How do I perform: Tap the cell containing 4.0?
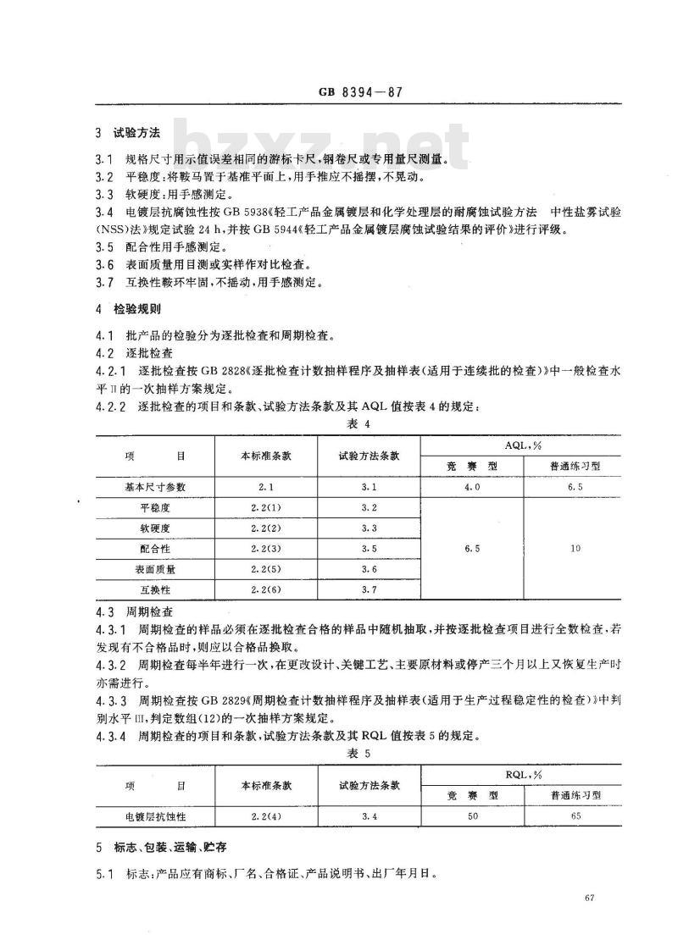pos(472,487)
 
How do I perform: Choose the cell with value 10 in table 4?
pos(575,548)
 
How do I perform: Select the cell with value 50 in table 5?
pos(472,816)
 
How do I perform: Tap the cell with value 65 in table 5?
pos(575,816)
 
